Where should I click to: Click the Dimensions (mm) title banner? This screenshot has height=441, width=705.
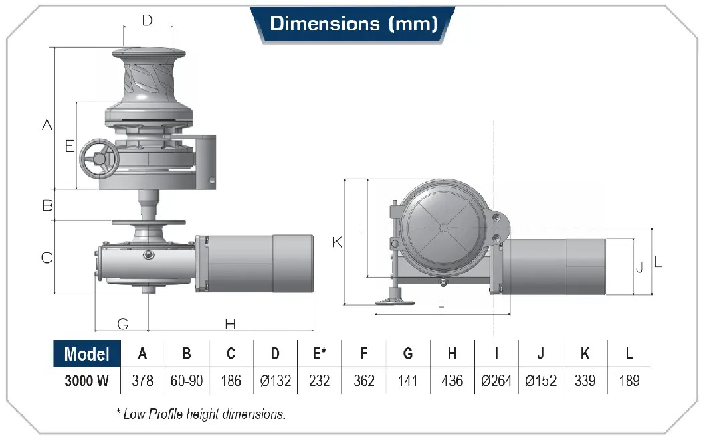[353, 24]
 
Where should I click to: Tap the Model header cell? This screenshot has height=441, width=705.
[87, 354]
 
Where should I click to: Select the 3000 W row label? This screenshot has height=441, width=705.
[87, 381]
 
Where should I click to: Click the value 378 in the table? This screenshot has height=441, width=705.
[142, 381]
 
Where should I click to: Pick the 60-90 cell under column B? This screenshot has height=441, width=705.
[187, 381]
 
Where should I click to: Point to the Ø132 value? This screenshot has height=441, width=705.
[275, 381]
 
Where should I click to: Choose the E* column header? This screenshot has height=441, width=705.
[320, 353]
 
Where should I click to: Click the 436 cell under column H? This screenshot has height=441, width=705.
[452, 381]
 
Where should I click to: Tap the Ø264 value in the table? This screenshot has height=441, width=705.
[496, 381]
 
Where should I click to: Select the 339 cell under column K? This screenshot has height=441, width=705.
[585, 381]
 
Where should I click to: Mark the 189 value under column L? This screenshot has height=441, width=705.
[629, 381]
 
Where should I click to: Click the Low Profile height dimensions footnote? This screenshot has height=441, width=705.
[201, 414]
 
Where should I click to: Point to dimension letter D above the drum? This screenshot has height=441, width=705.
[147, 20]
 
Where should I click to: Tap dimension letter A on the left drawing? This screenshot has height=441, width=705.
[47, 124]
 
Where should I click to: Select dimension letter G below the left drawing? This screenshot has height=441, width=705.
[123, 323]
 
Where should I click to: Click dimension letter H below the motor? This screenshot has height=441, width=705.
[230, 323]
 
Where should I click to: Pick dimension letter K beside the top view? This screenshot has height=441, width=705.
[337, 242]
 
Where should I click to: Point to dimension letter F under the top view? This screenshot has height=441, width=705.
[442, 307]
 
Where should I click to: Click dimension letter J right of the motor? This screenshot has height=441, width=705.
[640, 267]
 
